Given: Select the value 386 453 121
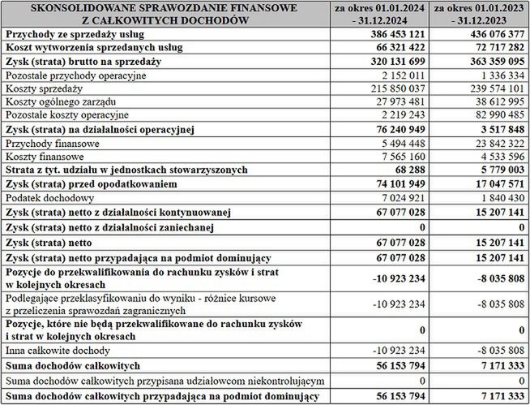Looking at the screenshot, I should point(392,35).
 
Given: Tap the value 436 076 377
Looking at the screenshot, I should point(492,35).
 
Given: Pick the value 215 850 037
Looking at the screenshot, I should point(392,88).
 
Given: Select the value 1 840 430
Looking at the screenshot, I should point(497,197).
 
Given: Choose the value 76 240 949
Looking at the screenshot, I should point(395,129).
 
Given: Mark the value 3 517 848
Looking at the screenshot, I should point(497,129).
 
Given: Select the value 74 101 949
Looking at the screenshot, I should point(395,183).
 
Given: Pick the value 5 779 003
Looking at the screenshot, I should point(497,170).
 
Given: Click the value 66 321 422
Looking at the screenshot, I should point(395,48).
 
